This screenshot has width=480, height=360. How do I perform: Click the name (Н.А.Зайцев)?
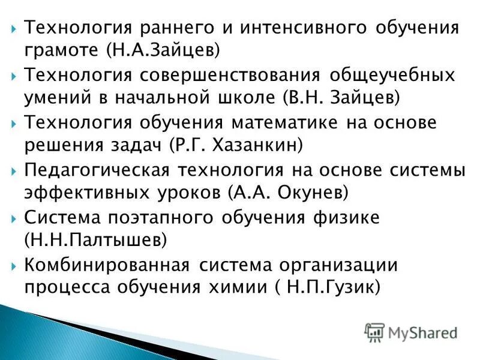pyautogui.click(x=163, y=50)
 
